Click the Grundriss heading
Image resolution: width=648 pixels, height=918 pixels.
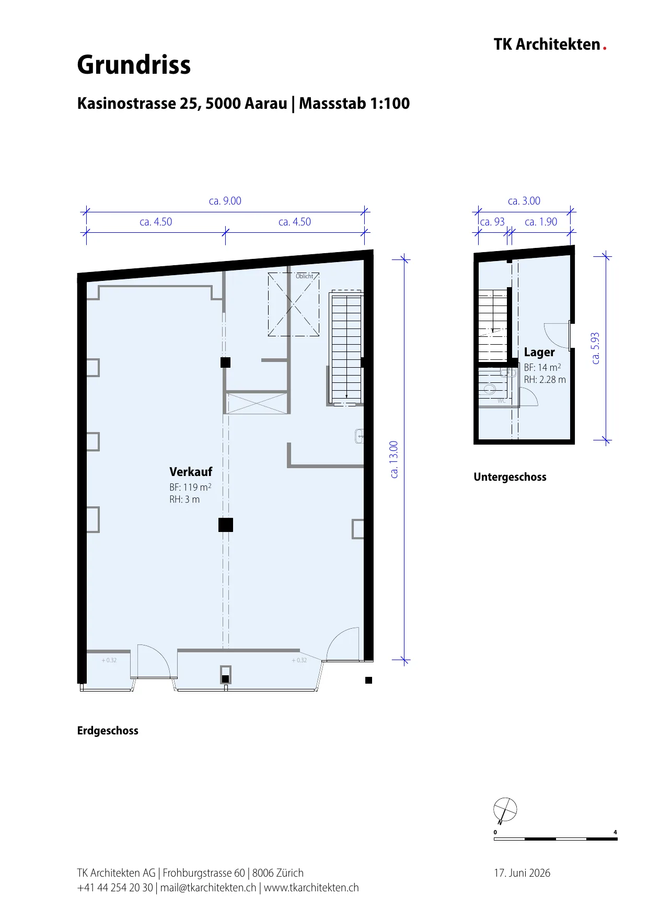(134, 65)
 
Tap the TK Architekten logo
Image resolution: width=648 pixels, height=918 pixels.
(550, 44)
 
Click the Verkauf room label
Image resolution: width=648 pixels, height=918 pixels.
(191, 472)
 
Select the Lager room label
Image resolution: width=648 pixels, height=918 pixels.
(539, 353)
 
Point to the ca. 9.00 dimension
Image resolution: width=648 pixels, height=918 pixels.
(225, 201)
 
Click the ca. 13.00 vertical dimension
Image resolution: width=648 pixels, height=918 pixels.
(394, 459)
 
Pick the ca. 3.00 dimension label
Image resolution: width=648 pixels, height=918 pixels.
(524, 201)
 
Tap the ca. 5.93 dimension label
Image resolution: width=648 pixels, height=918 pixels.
(595, 348)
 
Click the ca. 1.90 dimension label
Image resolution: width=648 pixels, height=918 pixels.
(541, 222)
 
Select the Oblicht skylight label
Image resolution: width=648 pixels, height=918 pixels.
(304, 276)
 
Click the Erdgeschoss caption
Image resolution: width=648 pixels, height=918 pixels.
(108, 731)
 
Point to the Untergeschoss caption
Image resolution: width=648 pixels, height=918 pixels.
(510, 477)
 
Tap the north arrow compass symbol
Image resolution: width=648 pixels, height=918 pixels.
(505, 810)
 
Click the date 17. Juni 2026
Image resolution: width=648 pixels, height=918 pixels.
(522, 873)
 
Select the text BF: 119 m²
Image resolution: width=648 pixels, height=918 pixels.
(190, 487)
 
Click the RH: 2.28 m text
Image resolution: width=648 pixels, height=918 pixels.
(545, 380)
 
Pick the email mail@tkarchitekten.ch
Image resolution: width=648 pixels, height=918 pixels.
(208, 888)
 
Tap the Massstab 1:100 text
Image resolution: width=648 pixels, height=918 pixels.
(354, 104)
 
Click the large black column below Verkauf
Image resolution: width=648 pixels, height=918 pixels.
(226, 525)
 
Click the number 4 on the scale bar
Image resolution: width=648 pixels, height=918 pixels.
(616, 832)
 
